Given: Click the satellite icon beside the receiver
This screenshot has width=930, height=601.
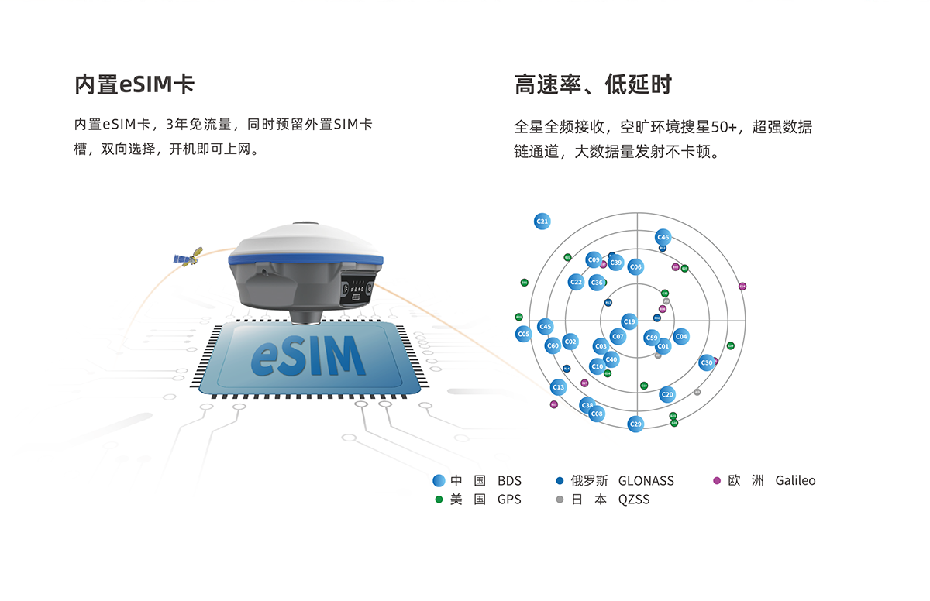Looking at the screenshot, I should pos(188,257).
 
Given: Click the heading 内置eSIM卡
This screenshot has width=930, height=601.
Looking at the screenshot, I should pos(134,84).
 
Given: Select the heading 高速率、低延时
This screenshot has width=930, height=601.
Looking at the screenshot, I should pos(593,84).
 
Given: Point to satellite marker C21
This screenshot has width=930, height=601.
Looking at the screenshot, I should pos(542,222).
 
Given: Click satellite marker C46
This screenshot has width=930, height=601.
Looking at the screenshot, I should pos(663,237).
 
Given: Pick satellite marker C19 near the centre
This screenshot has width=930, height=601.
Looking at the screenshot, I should pos(629,321).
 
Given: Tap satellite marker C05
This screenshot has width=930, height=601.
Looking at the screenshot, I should pos(523,334).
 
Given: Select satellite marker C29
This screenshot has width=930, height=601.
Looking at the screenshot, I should pos(635,424).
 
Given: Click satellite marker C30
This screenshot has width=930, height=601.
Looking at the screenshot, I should pos(706,362).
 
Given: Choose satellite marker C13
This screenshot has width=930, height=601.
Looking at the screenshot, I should pos(558,386).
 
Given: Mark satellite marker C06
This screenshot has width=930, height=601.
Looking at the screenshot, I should pos(635,267).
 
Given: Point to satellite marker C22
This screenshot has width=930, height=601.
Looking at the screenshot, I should pos(575,283).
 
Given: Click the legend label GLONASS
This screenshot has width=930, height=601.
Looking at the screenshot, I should pos(646,481).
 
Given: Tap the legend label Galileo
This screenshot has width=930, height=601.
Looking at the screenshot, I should pos(795,481).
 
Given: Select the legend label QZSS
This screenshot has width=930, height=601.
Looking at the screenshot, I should pos(633,500).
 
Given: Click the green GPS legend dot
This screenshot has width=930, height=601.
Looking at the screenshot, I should pos(439,500).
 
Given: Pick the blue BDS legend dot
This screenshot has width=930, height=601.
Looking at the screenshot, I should pos(439,481).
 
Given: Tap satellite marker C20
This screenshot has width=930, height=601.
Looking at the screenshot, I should pos(667,394).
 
